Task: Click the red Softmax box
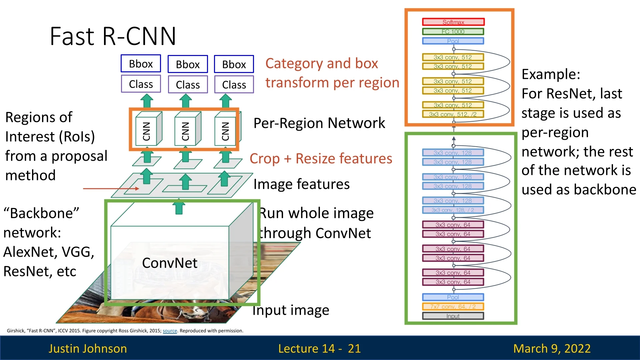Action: click(x=453, y=22)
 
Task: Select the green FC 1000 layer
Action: click(x=453, y=32)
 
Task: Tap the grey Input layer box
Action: click(x=453, y=316)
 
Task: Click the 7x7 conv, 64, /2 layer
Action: click(x=453, y=307)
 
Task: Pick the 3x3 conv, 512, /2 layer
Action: click(x=453, y=114)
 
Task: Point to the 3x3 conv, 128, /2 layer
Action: click(x=453, y=210)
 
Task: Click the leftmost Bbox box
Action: click(x=141, y=64)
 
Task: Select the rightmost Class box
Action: click(x=234, y=85)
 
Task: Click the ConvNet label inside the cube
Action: click(x=170, y=263)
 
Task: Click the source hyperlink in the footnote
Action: click(x=170, y=331)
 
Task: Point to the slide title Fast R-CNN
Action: click(x=113, y=36)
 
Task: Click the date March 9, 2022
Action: click(x=552, y=348)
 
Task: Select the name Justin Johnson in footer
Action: click(x=88, y=348)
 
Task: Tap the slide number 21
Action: click(x=354, y=348)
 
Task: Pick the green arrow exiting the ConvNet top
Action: click(x=179, y=207)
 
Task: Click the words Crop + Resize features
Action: click(x=321, y=159)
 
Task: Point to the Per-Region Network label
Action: click(x=319, y=123)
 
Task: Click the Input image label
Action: click(x=291, y=310)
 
